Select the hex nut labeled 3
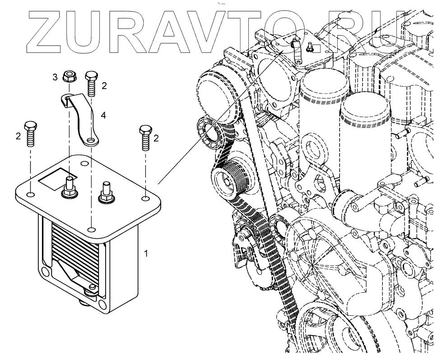click(70, 77)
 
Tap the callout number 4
click(104, 116)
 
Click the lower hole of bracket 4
click(92, 142)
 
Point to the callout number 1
click(145, 254)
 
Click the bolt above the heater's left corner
click(31, 133)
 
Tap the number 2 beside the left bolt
click(19, 136)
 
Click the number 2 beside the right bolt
click(156, 138)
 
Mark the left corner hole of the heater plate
click(30, 195)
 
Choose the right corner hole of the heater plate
click(145, 198)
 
